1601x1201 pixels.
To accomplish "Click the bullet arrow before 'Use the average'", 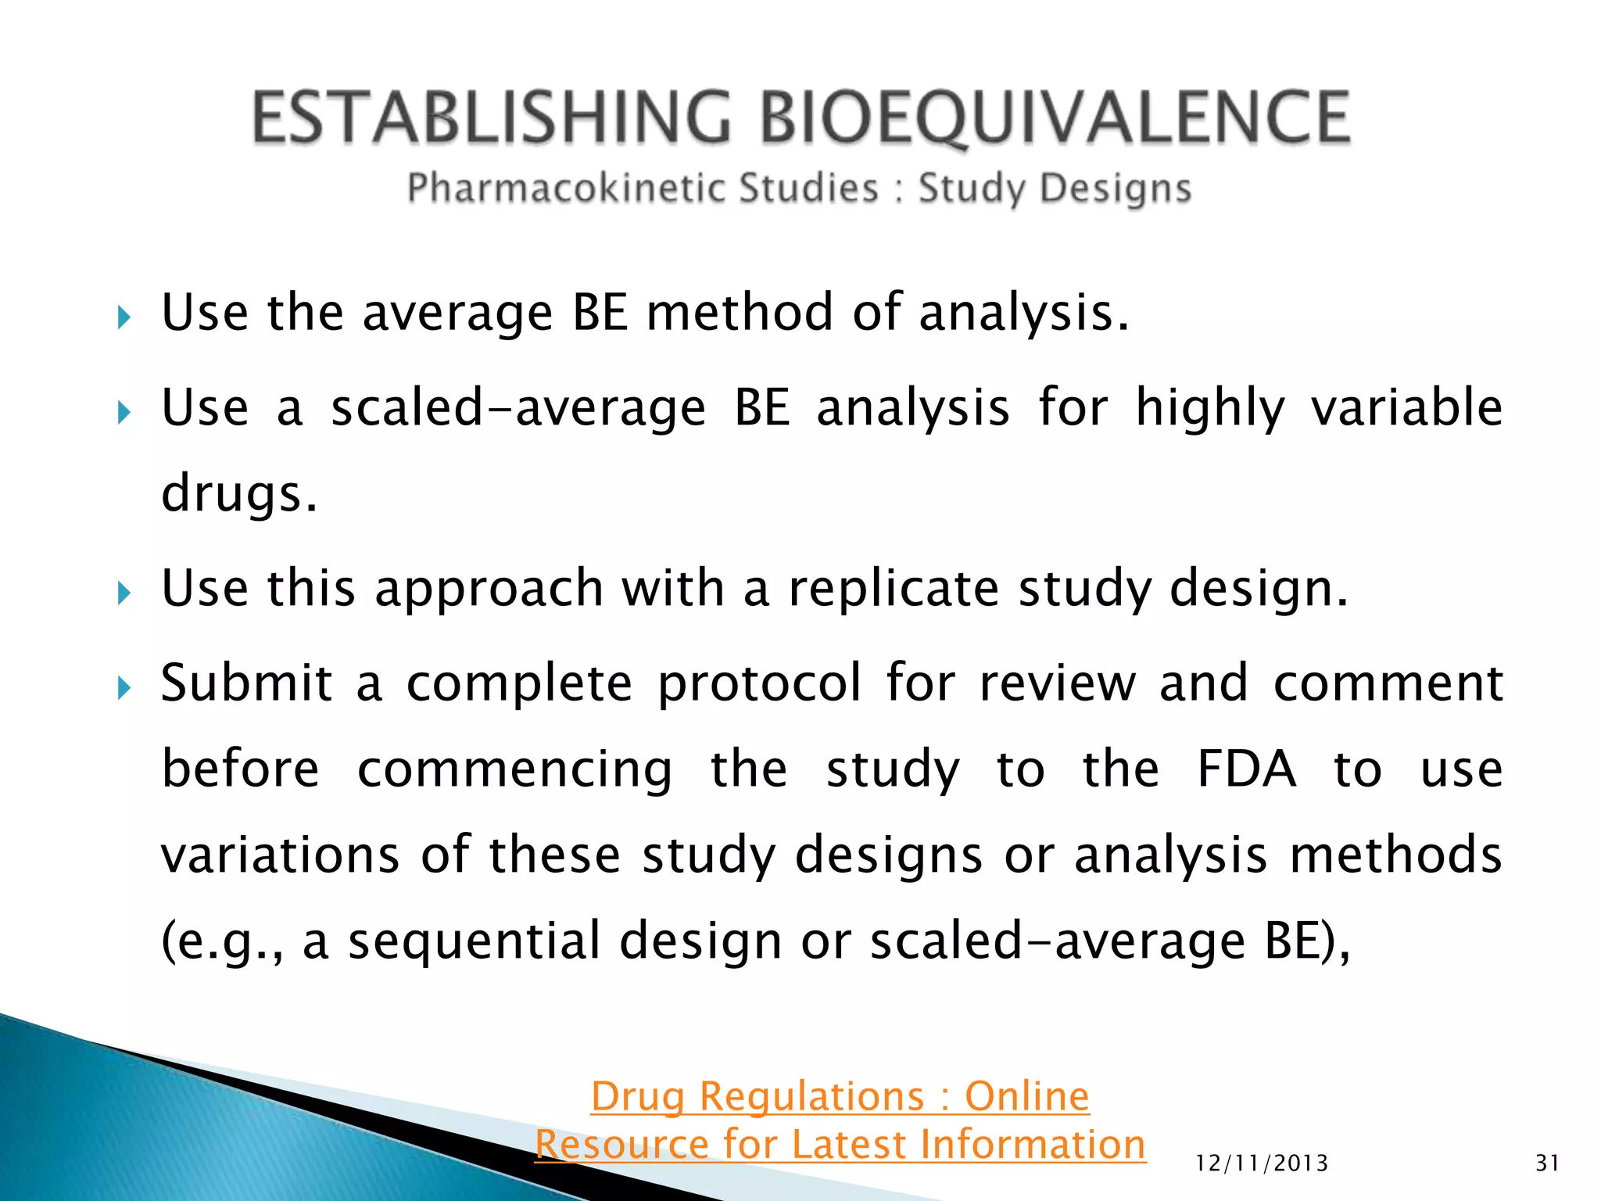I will point(124,317).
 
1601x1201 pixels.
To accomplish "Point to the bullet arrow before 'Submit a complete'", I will point(124,688).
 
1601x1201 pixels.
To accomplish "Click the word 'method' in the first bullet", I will point(740,313).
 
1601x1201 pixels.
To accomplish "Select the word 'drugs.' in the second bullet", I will point(239,494).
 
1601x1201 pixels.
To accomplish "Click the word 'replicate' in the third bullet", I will point(893,588).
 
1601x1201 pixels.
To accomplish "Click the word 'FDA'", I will point(1246,769).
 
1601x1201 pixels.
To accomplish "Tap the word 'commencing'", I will point(514,770).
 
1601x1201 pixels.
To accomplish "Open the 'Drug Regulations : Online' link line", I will point(840,1096).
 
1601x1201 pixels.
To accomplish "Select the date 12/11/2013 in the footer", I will point(1262,1163).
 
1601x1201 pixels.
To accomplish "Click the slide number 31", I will point(1547,1163).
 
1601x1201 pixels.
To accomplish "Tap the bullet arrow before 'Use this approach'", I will point(124,593).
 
